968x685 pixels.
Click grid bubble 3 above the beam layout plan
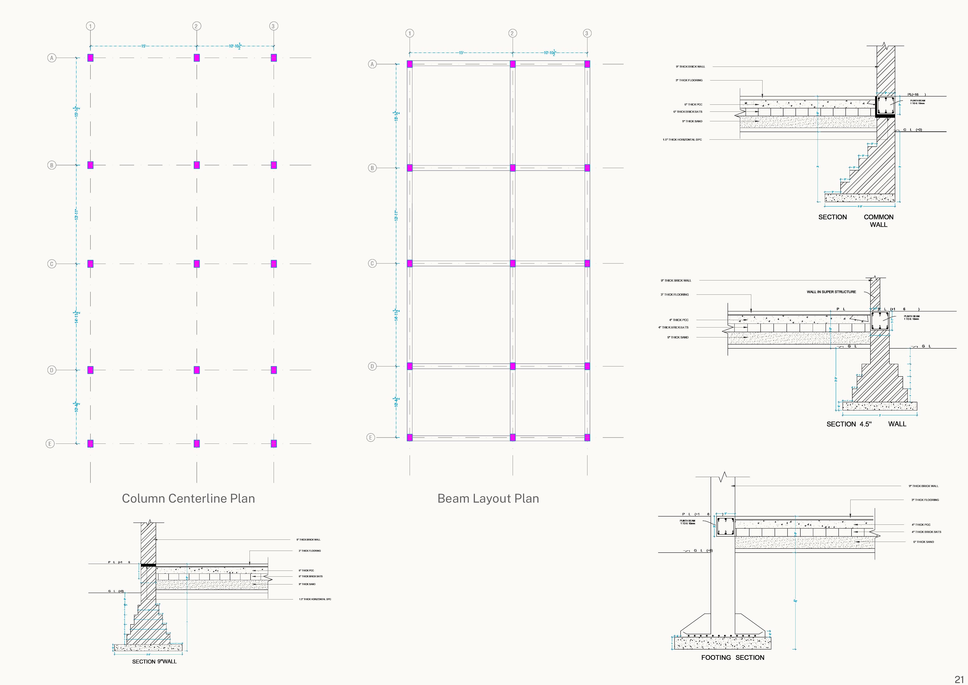pyautogui.click(x=587, y=33)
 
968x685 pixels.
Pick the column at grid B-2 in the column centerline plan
pyautogui.click(x=196, y=165)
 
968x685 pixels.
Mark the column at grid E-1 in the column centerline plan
pyautogui.click(x=90, y=443)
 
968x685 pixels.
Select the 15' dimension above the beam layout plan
pyautogui.click(x=461, y=53)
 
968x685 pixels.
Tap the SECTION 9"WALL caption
pyautogui.click(x=154, y=661)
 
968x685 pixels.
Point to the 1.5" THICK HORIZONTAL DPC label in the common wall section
pyautogui.click(x=682, y=140)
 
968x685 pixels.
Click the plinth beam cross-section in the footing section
pyautogui.click(x=725, y=527)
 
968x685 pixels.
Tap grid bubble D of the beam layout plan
pyautogui.click(x=372, y=366)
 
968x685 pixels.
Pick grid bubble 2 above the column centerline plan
pyautogui.click(x=196, y=26)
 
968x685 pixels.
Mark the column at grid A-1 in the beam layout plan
pyautogui.click(x=409, y=64)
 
